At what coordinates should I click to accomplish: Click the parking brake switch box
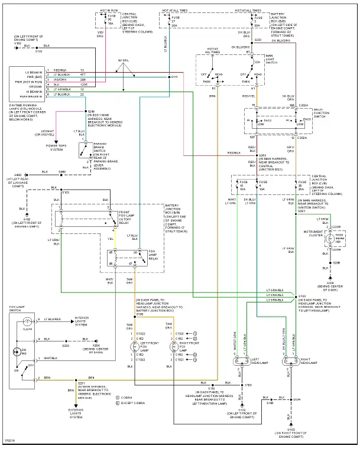[87, 150]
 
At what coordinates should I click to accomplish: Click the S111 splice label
[174, 77]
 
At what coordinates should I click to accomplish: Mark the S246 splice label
[91, 111]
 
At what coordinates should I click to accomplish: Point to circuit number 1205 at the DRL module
[83, 84]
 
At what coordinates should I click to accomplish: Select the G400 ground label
[18, 175]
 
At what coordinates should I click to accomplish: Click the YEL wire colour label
[110, 239]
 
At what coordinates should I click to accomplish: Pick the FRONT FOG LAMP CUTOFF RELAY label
[130, 216]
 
